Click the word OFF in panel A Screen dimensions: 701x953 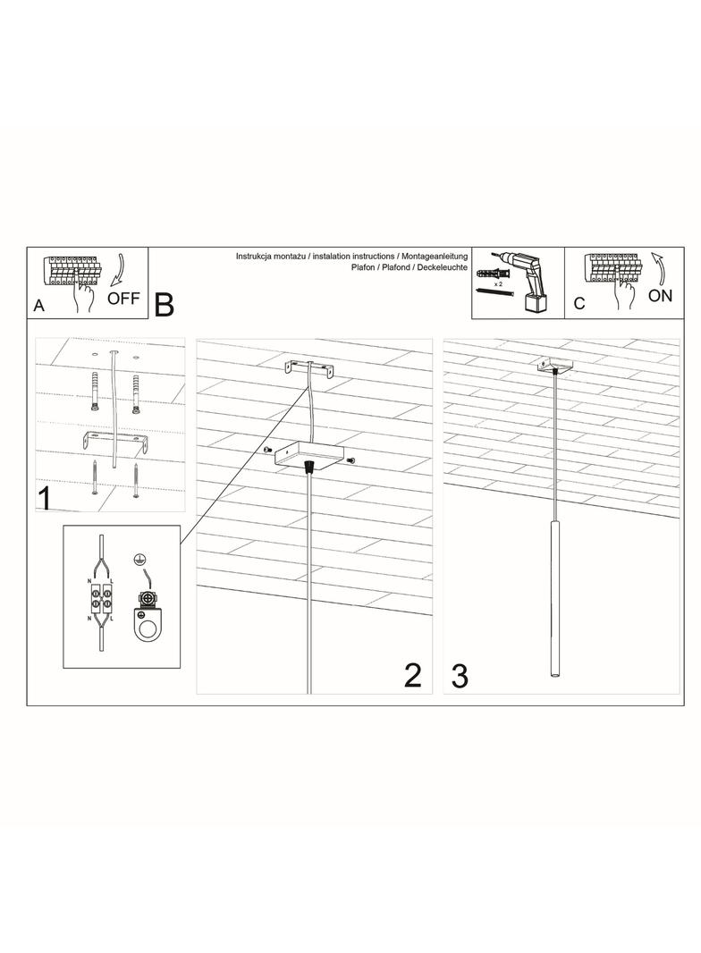coord(123,299)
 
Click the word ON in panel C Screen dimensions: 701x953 coord(660,296)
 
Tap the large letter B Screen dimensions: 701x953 coord(165,305)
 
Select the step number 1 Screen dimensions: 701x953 coord(45,498)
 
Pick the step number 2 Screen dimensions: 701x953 coord(413,676)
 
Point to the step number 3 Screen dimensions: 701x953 coord(460,677)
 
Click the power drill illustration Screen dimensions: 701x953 coord(525,281)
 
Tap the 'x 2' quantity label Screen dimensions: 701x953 coord(498,283)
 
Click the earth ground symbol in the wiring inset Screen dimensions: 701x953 coord(140,559)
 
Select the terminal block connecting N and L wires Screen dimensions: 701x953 coord(102,597)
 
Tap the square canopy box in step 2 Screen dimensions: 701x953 coord(308,455)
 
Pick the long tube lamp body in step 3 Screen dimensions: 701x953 coord(555,597)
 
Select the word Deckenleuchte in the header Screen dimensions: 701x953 coord(442,266)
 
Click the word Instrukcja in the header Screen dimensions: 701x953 coord(254,257)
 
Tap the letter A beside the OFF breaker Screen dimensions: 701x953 coord(39,306)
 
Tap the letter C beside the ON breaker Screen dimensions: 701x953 coord(579,303)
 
